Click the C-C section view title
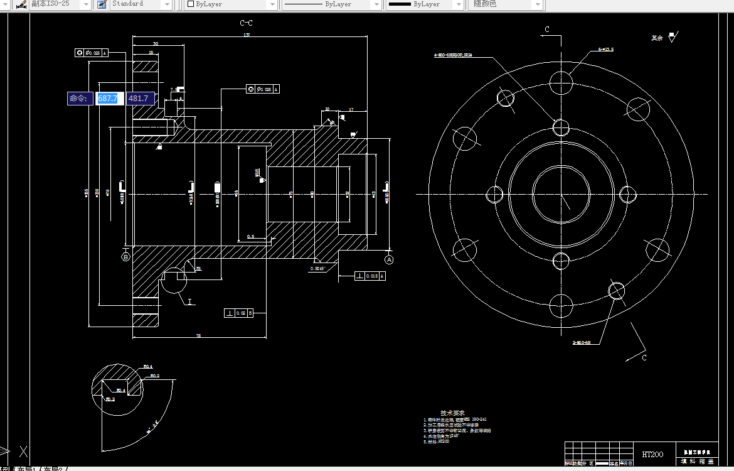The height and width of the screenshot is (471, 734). (x=247, y=23)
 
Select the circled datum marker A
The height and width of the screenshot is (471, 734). (x=389, y=259)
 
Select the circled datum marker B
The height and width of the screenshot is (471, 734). (x=125, y=257)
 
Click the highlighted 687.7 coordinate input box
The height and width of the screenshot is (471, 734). (x=108, y=99)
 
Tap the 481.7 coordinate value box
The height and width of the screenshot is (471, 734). (x=139, y=99)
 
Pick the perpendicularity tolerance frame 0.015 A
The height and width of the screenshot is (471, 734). (x=370, y=276)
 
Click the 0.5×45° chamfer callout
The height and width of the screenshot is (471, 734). (x=318, y=269)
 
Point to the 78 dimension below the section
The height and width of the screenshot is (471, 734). (x=198, y=336)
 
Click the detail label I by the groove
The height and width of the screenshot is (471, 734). (x=189, y=302)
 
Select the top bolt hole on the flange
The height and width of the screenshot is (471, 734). (x=560, y=82)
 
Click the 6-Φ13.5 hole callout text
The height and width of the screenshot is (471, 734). (x=606, y=49)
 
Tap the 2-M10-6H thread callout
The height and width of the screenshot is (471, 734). (x=582, y=343)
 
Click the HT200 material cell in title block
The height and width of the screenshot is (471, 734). (x=652, y=454)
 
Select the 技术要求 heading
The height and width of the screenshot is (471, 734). (x=452, y=413)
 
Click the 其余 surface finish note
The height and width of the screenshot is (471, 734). (x=657, y=38)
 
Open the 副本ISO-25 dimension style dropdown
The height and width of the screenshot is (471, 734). (x=56, y=4)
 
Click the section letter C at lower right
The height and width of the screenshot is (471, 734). (x=644, y=357)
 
